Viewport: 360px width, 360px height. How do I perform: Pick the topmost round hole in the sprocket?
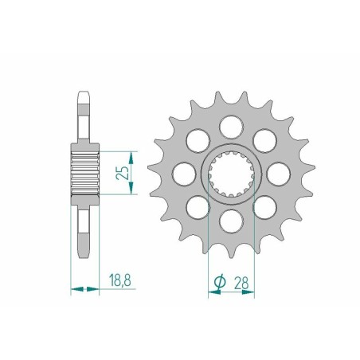pos(231,124)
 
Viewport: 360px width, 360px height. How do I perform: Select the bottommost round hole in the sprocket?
pos(231,219)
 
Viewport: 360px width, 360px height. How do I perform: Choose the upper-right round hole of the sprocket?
pos(264,139)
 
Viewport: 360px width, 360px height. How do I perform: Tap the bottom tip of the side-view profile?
pos(84,253)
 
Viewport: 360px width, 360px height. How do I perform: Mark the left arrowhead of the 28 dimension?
pos(212,292)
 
